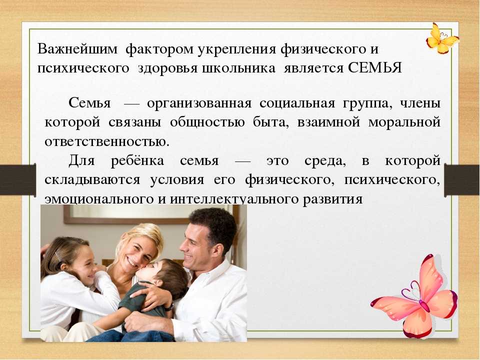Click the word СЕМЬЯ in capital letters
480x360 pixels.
click(374, 67)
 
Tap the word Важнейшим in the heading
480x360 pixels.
click(77, 49)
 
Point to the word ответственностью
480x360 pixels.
click(107, 141)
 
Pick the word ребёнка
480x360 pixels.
click(137, 160)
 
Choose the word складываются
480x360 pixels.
click(92, 179)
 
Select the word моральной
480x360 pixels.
click(404, 122)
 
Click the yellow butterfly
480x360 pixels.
click(442, 38)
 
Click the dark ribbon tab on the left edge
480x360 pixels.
click(18, 179)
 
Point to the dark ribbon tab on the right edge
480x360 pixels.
click(462, 180)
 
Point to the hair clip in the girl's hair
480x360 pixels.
click(58, 256)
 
